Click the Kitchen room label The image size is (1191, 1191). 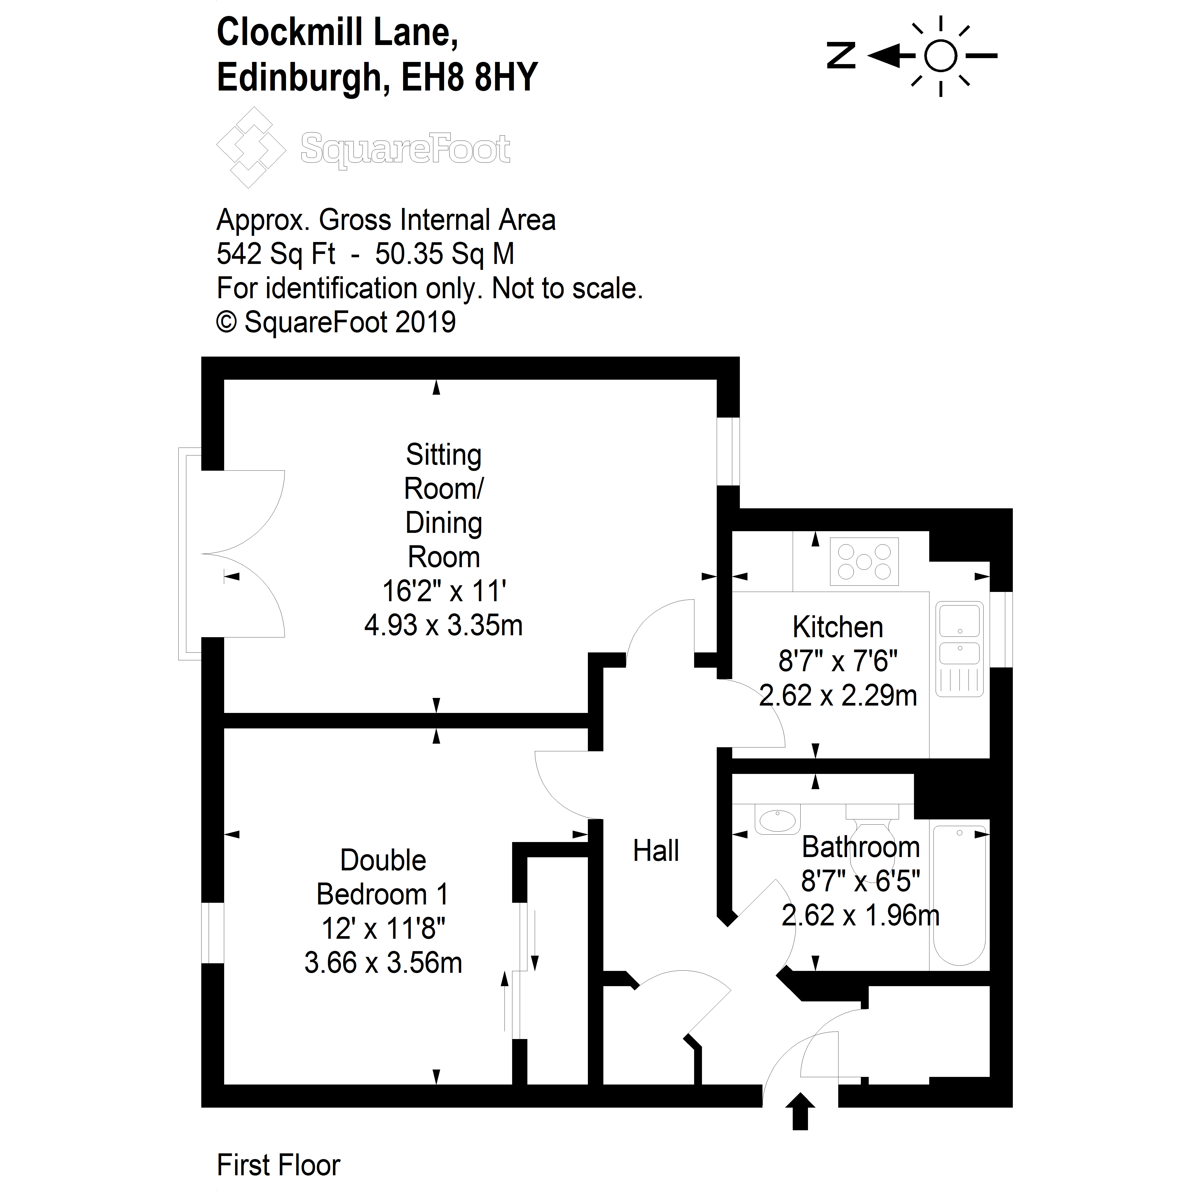838,628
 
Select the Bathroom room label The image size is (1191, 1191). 861,847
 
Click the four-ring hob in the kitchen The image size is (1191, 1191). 864,562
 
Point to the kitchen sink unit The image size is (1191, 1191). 959,649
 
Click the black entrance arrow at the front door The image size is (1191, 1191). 800,1128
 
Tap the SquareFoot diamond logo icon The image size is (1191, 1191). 251,147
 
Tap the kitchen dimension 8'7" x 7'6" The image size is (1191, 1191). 838,661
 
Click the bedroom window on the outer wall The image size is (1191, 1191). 213,933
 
